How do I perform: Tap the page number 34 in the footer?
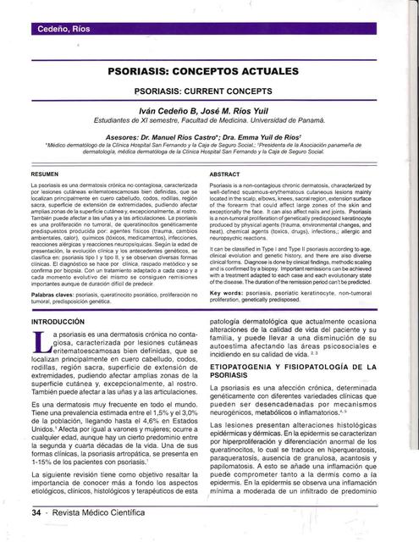pyautogui.click(x=36, y=512)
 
